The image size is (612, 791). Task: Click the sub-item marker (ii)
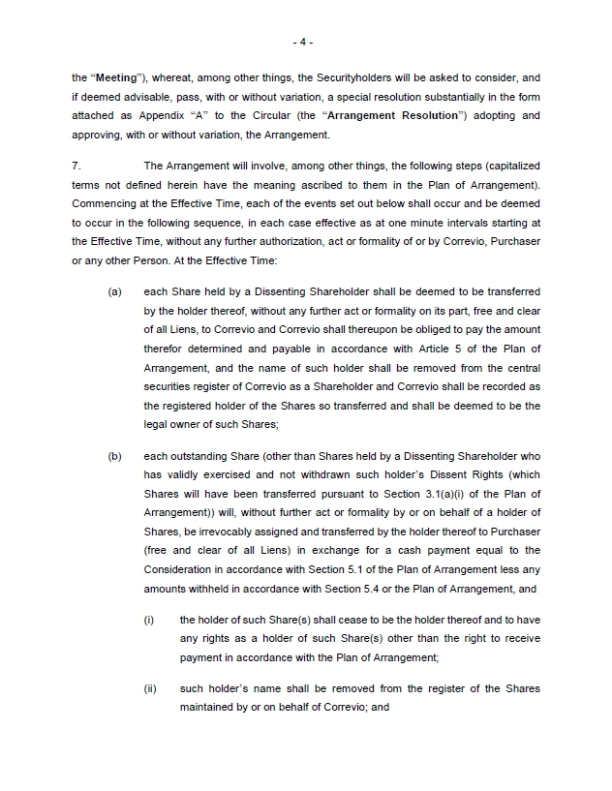[x=150, y=688]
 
